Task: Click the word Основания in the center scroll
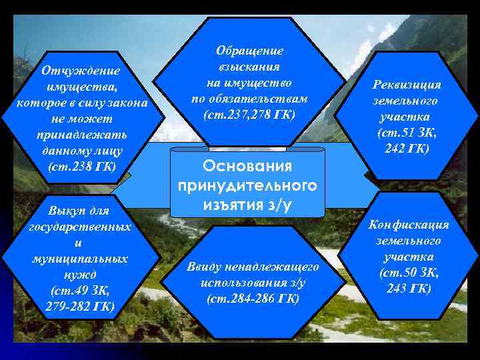(247, 165)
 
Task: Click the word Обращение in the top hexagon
(250, 51)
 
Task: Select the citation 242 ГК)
(407, 148)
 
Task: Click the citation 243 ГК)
(407, 288)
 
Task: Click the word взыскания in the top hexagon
(250, 67)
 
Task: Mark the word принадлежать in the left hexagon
(81, 135)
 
